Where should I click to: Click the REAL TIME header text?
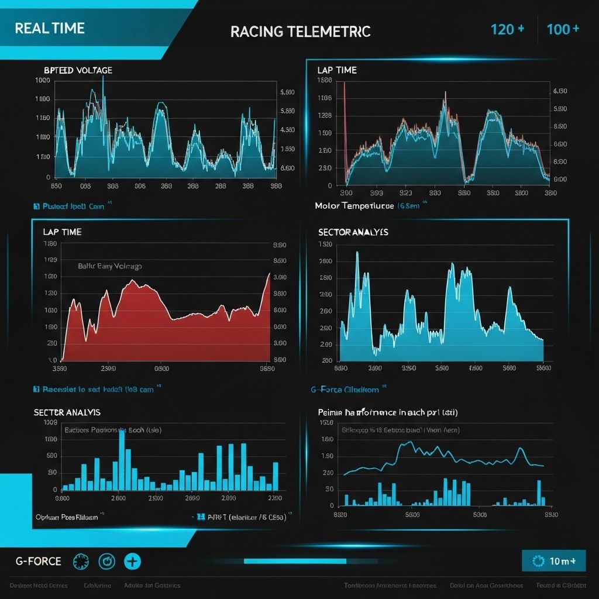coord(50,28)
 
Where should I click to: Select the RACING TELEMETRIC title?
coord(300,32)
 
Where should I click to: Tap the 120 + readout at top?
coord(507,29)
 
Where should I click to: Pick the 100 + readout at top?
coord(563,29)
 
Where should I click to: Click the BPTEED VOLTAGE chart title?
coord(78,70)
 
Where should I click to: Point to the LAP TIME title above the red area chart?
coord(62,232)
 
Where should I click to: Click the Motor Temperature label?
coord(355,206)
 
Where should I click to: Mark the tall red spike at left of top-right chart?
coord(345,117)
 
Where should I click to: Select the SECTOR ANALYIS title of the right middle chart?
coord(353,232)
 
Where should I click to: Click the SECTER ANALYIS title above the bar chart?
coord(67,412)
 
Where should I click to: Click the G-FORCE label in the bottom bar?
coord(38,562)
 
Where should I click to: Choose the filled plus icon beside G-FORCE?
coord(133,562)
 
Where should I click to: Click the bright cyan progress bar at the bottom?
coord(295,561)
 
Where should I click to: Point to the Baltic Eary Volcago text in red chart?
coord(109,266)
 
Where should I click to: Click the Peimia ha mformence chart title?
coord(387,412)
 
